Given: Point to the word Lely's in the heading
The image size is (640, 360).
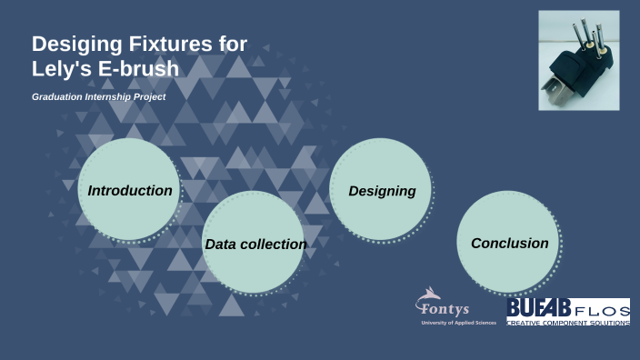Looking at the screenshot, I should [x=61, y=67].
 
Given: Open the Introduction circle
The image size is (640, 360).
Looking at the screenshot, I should [x=129, y=191].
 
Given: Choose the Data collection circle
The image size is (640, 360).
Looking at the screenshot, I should [x=255, y=244].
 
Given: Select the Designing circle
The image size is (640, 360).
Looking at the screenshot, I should [x=382, y=191].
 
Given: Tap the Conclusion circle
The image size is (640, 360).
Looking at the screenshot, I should [x=509, y=244].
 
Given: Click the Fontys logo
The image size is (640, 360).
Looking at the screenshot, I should [x=442, y=307].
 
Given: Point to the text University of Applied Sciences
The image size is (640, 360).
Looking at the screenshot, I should [x=459, y=323].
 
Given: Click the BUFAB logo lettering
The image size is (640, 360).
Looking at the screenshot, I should [x=538, y=307].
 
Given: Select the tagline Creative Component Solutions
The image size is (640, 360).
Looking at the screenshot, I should [x=568, y=323].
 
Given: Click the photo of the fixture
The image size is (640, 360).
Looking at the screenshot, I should [x=578, y=60].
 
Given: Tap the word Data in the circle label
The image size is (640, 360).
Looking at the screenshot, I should [x=221, y=245].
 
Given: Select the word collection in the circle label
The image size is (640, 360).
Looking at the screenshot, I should [x=274, y=245].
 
